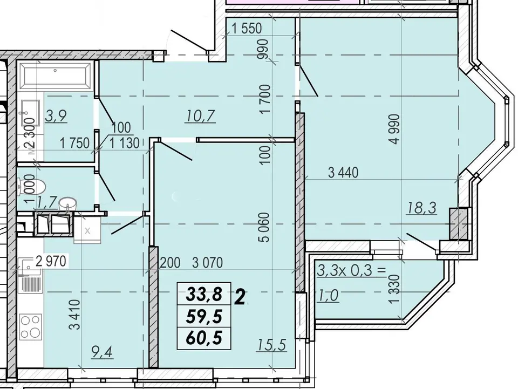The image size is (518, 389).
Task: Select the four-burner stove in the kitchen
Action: pos(31,327)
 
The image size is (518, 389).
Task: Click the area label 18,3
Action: pos(422,208)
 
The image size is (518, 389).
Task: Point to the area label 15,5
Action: pos(271,345)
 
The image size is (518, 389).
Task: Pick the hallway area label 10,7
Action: pos(201,116)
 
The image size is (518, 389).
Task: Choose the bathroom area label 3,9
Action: pos(56,116)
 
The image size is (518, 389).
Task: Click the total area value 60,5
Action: pos(204,338)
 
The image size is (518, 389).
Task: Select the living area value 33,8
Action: pos(204,294)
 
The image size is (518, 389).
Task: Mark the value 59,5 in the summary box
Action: pos(204,316)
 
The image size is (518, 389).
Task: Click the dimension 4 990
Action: pos(394,129)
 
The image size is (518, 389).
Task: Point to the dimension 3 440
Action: pos(343,172)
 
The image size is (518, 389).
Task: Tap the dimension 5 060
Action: pos(264,228)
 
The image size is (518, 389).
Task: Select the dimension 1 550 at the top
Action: pos(247,29)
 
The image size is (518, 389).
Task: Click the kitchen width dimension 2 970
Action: pos(51,261)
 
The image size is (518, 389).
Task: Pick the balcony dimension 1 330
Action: pos(394,289)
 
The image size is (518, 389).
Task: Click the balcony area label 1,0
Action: pos(328,295)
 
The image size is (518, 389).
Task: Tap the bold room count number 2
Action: pos(240,297)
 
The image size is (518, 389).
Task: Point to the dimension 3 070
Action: pos(207,263)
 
